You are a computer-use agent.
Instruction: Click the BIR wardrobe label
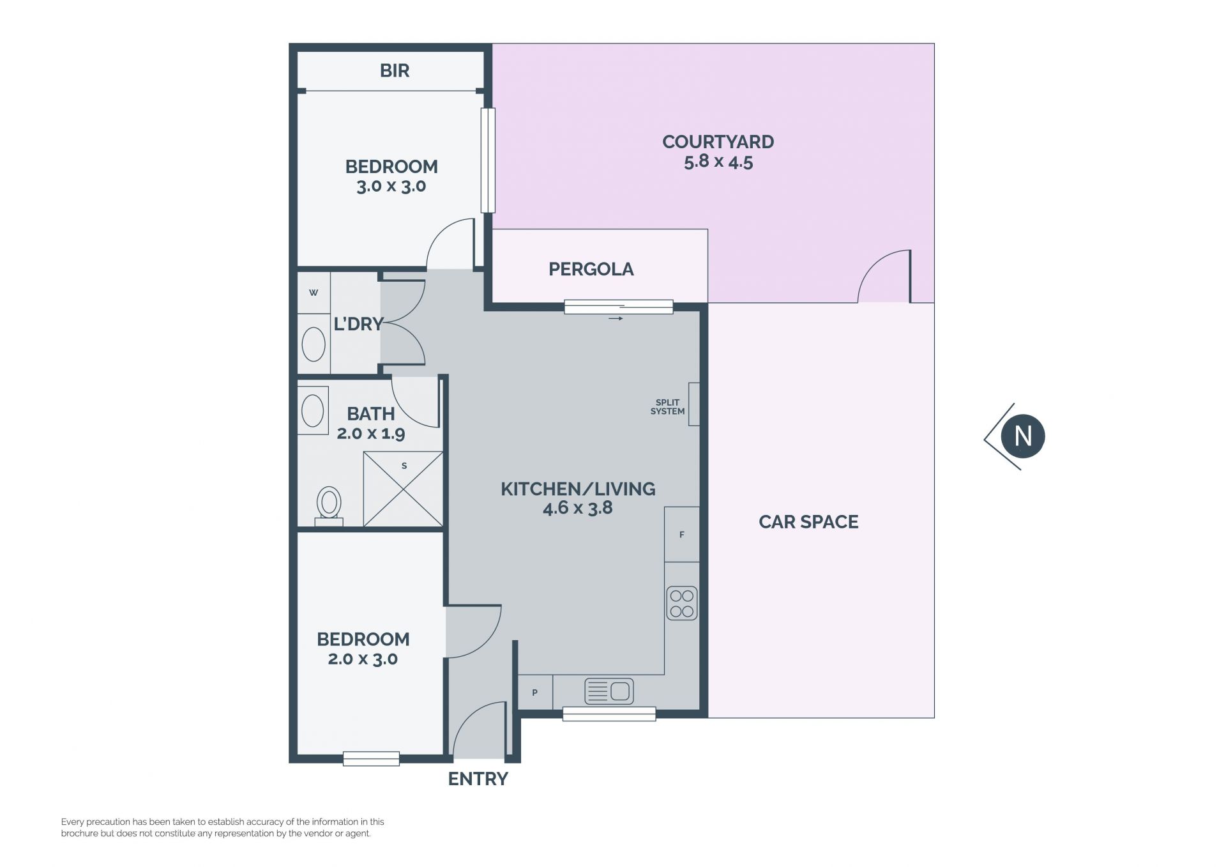(x=394, y=70)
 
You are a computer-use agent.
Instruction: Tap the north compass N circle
(x=1022, y=436)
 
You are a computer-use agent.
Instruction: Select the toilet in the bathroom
(x=329, y=506)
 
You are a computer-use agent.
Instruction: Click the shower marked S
(x=403, y=489)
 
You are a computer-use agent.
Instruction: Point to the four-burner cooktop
(x=682, y=603)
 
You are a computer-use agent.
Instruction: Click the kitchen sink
(x=609, y=691)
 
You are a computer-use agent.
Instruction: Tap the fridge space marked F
(x=682, y=534)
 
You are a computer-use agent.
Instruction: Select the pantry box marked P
(x=535, y=692)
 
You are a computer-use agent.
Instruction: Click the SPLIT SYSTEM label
(x=667, y=407)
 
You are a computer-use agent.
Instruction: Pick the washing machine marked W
(x=314, y=293)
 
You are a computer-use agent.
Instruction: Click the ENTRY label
(x=478, y=779)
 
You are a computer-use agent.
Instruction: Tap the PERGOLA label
(x=591, y=269)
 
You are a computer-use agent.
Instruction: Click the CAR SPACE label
(x=808, y=522)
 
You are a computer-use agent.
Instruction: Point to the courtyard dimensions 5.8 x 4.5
(x=718, y=162)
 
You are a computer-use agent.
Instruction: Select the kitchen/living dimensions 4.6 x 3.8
(x=577, y=508)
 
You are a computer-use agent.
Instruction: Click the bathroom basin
(x=313, y=410)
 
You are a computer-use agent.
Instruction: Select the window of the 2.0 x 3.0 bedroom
(x=371, y=758)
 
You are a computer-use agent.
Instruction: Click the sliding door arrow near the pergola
(x=616, y=318)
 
